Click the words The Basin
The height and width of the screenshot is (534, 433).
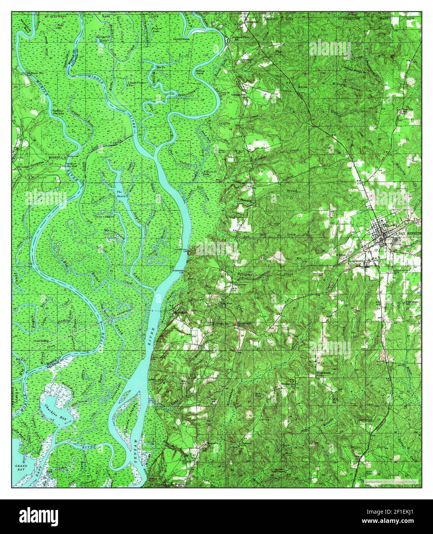[120, 193]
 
